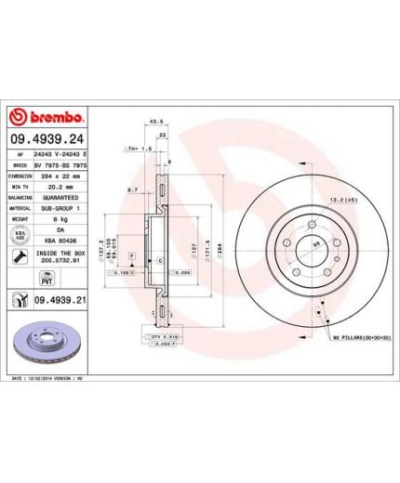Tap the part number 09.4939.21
[x=61, y=301]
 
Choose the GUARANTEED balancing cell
[x=60, y=198]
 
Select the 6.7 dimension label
[x=133, y=189]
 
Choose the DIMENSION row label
[x=20, y=175]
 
